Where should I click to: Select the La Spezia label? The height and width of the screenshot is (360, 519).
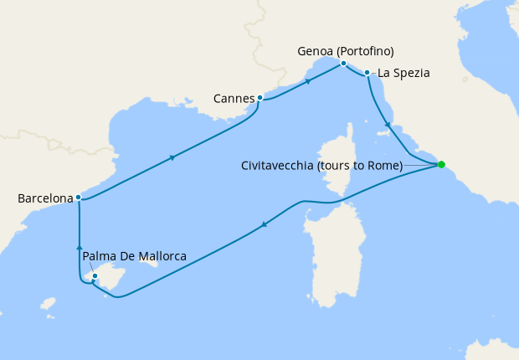(403, 73)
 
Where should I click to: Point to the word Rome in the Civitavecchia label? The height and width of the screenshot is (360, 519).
(385, 165)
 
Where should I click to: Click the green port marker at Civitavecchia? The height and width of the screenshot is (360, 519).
(441, 164)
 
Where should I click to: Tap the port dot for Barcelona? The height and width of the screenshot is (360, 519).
(78, 198)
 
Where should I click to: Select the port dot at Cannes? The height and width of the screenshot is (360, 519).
(259, 98)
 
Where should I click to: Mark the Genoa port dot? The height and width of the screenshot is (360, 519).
(343, 63)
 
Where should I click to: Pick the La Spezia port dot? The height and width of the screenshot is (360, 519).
(367, 73)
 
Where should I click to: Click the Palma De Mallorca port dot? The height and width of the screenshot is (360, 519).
(95, 276)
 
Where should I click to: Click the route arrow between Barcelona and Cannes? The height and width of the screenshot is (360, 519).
(172, 157)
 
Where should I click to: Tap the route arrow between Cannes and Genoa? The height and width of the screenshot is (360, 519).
(308, 81)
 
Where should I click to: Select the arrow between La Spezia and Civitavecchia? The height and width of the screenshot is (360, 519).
(388, 126)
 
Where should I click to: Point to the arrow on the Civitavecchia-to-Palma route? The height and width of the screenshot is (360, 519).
(264, 224)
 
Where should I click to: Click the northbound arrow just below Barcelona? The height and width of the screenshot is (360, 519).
(79, 247)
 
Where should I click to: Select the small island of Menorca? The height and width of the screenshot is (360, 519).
(150, 262)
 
